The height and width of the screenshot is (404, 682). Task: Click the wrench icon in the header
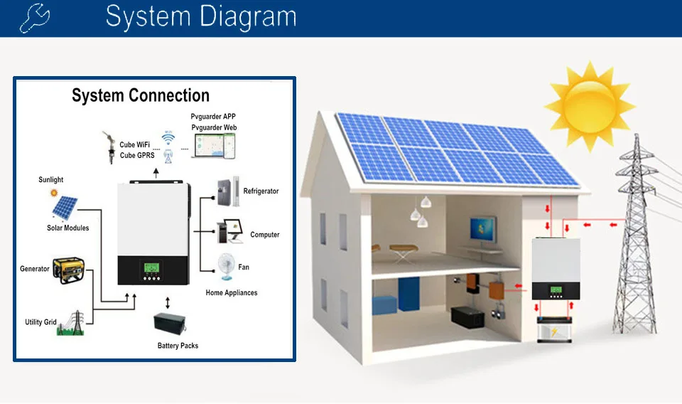click(x=34, y=18)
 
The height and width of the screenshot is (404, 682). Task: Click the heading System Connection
click(x=141, y=96)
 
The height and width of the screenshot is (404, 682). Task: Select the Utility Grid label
click(x=40, y=322)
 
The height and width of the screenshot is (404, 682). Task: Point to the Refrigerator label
click(x=261, y=191)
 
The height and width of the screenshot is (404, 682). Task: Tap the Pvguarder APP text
click(x=213, y=117)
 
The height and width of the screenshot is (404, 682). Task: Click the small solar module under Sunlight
click(x=65, y=207)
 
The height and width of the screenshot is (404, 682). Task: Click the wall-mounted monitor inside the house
click(x=481, y=229)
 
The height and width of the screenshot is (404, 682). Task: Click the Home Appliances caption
click(x=232, y=293)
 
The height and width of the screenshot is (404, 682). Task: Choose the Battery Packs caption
click(x=178, y=346)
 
